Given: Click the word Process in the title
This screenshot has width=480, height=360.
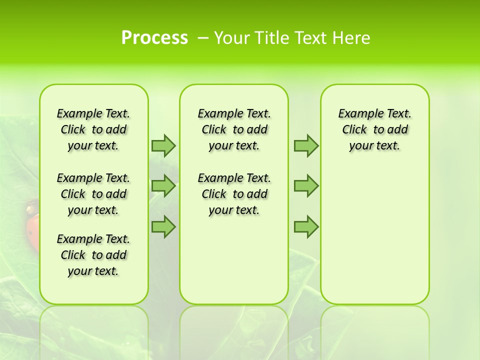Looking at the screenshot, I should [x=154, y=37].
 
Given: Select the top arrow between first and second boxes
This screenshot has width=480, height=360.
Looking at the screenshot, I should [x=163, y=145].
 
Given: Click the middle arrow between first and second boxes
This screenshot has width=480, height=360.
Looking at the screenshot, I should [x=163, y=186].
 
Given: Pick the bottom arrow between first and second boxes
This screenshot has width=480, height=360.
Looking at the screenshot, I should [x=163, y=227].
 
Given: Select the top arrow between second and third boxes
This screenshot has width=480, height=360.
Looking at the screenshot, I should [x=306, y=145].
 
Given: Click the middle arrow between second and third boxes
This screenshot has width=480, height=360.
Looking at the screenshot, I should [x=306, y=186].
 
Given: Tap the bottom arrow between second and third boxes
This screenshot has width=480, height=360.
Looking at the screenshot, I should [x=306, y=227].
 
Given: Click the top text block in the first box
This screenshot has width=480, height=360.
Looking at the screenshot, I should [x=93, y=129].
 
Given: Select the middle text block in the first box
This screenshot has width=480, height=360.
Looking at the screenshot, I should [x=93, y=194].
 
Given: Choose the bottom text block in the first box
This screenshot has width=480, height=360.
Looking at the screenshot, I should [x=93, y=255].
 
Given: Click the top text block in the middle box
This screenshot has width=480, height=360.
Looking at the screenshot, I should [x=234, y=129].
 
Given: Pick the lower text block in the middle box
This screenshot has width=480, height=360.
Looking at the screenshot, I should [x=234, y=194].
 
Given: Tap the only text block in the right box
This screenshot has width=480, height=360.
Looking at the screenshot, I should [x=374, y=129].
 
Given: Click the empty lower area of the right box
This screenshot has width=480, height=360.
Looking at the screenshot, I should [x=374, y=235].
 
